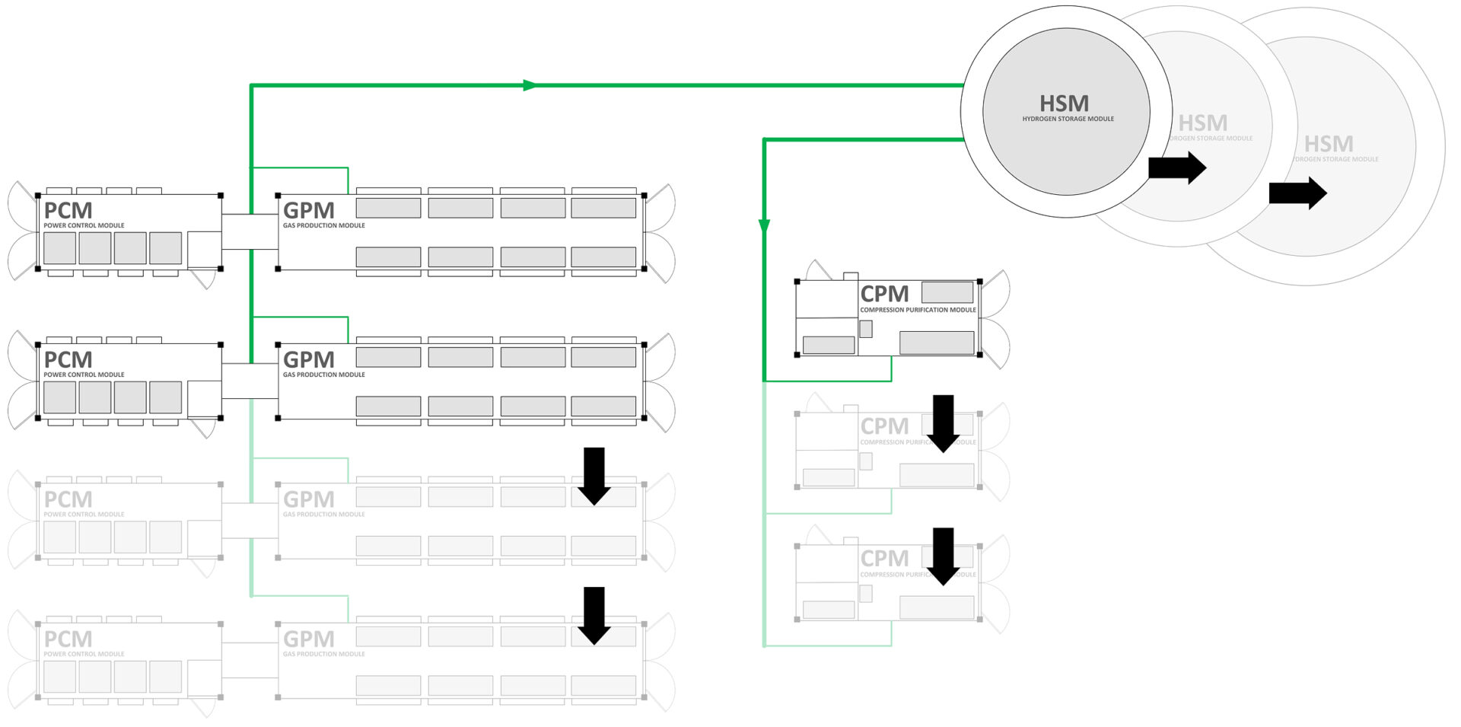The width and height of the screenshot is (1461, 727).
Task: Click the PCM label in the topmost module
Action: coord(68,210)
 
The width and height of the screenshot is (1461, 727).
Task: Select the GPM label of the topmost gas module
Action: coord(308,210)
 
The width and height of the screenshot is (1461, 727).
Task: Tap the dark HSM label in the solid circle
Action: coord(1064,104)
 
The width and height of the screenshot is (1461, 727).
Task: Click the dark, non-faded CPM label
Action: coord(884,294)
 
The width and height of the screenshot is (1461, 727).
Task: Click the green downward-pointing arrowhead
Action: coord(764,226)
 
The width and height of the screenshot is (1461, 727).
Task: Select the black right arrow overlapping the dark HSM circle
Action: coord(1177,168)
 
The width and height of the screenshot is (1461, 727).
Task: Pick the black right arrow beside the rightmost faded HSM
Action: coord(1298,193)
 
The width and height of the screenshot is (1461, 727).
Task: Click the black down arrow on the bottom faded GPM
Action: coord(594,615)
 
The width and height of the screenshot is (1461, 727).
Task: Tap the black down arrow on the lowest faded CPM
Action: coord(944,556)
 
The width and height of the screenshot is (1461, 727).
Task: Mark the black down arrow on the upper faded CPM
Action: coord(944,424)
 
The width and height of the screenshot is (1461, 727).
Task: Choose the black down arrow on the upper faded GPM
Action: coord(594,476)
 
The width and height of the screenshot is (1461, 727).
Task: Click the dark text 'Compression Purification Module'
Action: coord(918,310)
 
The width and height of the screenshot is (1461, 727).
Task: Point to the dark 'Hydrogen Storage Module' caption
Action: coord(1068,119)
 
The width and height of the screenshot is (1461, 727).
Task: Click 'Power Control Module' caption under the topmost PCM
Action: coord(84,225)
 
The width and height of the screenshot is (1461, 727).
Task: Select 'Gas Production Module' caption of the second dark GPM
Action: coord(324,375)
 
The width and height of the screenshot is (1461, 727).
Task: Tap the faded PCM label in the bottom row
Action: coord(68,639)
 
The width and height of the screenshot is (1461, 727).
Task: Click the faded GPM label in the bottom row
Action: coord(308,639)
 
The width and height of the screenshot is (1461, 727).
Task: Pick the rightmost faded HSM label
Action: coord(1329,144)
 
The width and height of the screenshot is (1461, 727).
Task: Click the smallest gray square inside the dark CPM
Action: coord(866,329)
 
